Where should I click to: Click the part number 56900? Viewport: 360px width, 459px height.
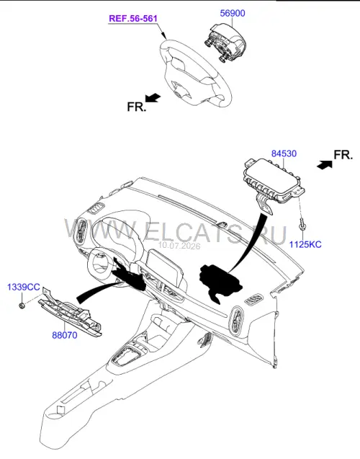(x=233, y=13)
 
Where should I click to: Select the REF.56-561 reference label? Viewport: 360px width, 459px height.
(x=133, y=19)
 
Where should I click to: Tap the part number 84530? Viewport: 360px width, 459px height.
(x=284, y=153)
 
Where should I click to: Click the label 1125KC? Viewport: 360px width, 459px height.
(x=305, y=244)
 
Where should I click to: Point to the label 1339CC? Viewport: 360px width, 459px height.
(x=23, y=287)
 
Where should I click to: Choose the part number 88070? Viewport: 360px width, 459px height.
(x=65, y=335)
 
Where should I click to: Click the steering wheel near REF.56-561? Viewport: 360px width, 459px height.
(x=195, y=73)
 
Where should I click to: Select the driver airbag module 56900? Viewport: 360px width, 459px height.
(x=225, y=43)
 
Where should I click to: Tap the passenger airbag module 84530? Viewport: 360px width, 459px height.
(x=271, y=182)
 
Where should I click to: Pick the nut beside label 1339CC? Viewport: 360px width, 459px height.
(x=22, y=306)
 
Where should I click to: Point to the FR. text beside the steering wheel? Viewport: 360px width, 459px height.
(x=136, y=107)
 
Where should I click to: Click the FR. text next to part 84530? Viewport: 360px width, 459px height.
(x=343, y=155)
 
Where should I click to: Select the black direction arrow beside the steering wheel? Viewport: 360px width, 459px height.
(x=153, y=98)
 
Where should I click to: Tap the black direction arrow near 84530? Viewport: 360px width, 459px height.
(x=325, y=164)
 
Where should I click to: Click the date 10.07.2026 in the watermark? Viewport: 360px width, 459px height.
(x=179, y=246)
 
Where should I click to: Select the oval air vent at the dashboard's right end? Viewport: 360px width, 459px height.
(x=237, y=321)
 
